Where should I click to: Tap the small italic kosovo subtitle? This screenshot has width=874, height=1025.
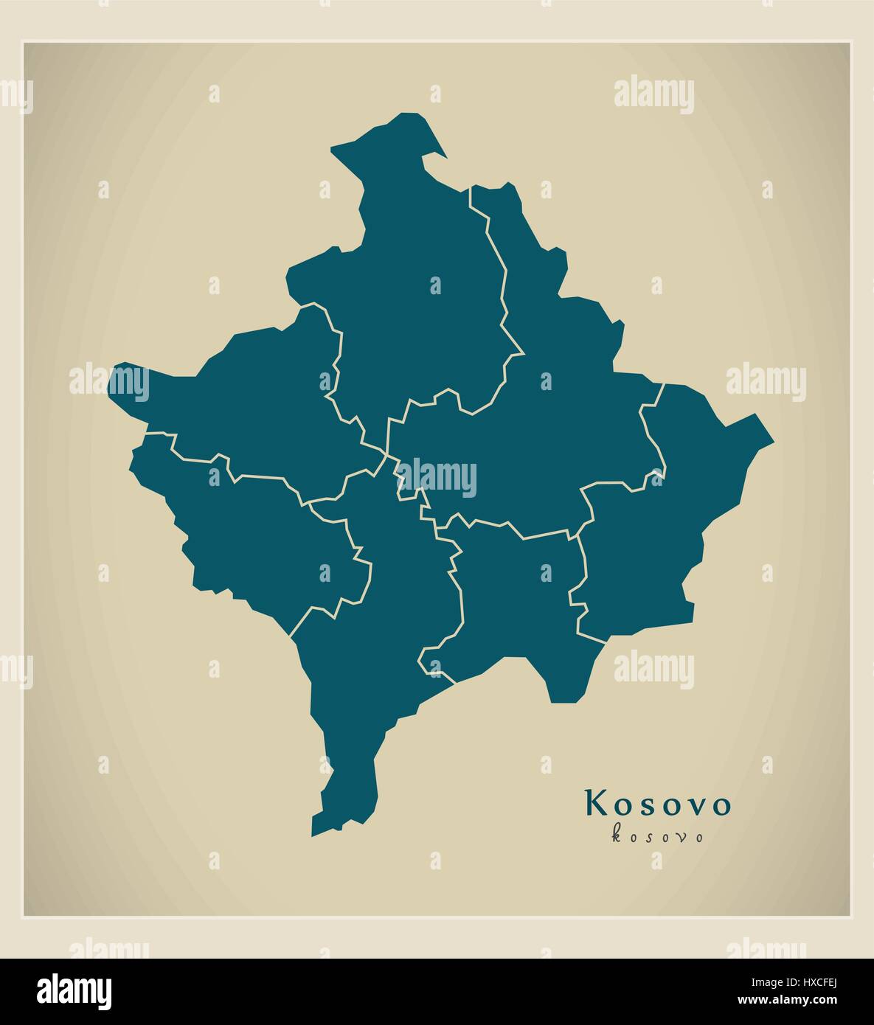pos(657,835)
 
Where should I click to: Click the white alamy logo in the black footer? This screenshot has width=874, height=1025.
pos(74,989)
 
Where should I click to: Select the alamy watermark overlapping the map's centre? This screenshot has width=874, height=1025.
pos(436,477)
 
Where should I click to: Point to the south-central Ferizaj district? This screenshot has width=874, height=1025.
pos(516,597)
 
